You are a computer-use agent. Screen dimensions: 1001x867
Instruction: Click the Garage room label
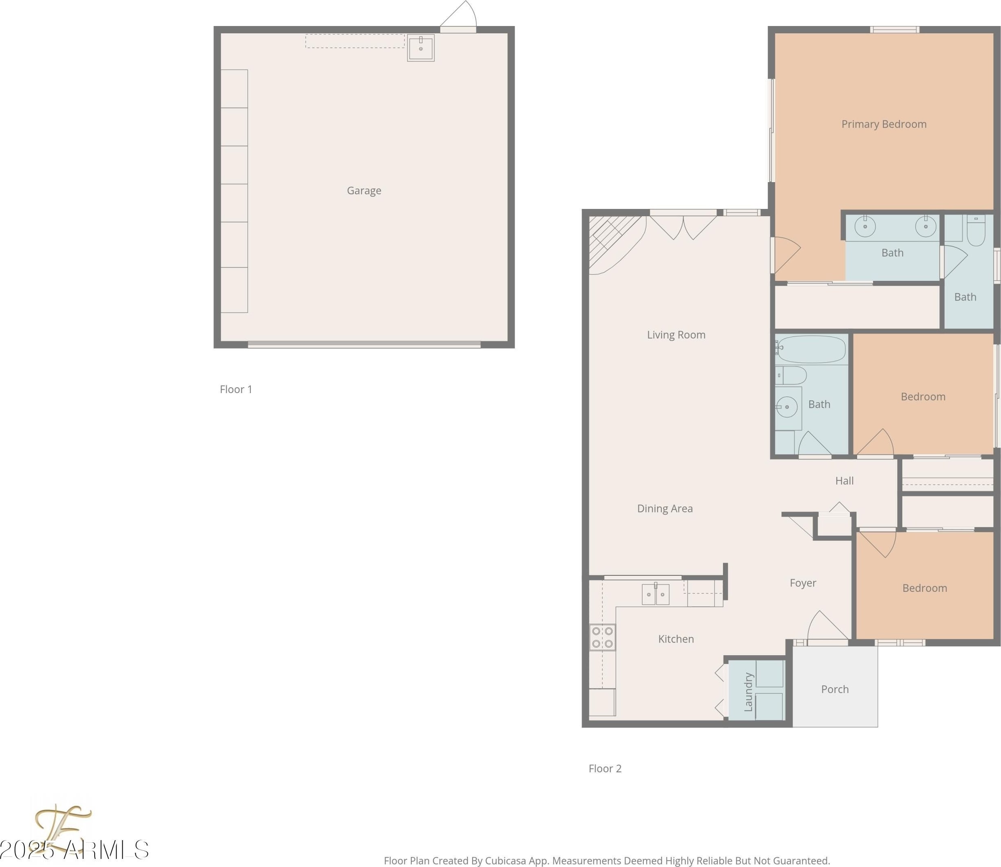[364, 191]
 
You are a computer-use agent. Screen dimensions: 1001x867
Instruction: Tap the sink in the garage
[420, 48]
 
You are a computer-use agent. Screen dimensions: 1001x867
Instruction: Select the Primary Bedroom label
[884, 124]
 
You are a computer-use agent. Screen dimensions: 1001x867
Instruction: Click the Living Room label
[676, 335]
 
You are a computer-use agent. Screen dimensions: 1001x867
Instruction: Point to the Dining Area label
[665, 508]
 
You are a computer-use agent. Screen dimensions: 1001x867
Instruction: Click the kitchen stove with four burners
[602, 637]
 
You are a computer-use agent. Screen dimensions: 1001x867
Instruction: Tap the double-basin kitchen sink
[656, 594]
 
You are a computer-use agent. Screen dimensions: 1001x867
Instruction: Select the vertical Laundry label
[748, 691]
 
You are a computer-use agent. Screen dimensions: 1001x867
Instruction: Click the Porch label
[834, 689]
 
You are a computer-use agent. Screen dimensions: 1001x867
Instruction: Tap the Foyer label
[803, 583]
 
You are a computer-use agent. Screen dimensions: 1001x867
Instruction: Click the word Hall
[844, 480]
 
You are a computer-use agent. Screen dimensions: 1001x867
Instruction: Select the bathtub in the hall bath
[811, 349]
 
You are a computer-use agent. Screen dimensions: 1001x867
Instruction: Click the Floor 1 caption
[236, 389]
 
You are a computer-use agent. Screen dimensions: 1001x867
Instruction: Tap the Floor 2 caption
[605, 768]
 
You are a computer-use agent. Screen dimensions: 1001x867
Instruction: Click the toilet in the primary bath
[976, 231]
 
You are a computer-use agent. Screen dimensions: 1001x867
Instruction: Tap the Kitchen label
[676, 639]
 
